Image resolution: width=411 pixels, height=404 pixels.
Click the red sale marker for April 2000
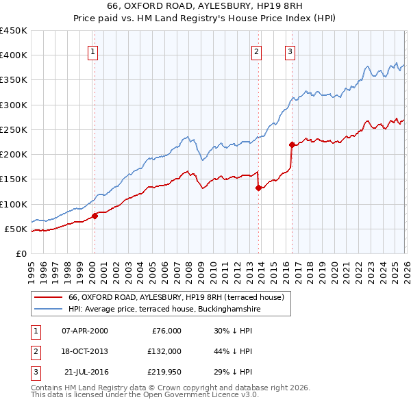[95, 216]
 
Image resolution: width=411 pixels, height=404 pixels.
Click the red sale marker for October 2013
[258, 188]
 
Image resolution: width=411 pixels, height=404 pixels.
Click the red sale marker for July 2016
[292, 144]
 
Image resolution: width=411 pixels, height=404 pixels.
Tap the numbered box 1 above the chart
[92, 51]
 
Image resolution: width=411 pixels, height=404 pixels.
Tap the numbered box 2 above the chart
[256, 51]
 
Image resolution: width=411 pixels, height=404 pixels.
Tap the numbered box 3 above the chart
[290, 51]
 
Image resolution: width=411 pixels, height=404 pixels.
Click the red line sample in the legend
[49, 297]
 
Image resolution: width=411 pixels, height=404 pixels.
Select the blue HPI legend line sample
[49, 309]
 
